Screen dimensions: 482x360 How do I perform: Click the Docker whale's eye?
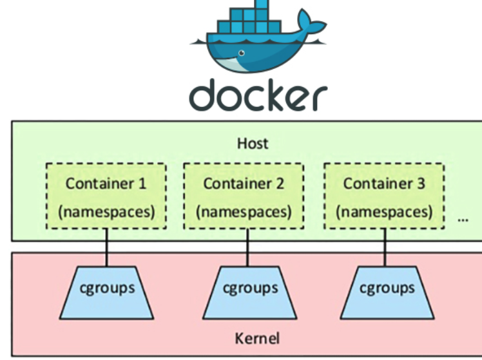pyautogui.click(x=242, y=53)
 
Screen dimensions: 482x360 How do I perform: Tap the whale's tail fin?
pyautogui.click(x=311, y=21)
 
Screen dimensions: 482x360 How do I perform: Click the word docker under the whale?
pyautogui.click(x=258, y=95)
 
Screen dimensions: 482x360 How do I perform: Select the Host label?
pyautogui.click(x=253, y=144)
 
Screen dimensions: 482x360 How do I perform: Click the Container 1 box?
pyautogui.click(x=106, y=196)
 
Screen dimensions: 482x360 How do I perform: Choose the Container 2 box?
pyautogui.click(x=244, y=196)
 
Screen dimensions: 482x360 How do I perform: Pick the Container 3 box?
pyautogui.click(x=384, y=196)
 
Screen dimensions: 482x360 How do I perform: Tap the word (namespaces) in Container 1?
pyautogui.click(x=106, y=212)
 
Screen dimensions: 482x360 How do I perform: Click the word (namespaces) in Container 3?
pyautogui.click(x=384, y=212)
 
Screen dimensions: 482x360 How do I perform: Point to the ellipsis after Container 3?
pyautogui.click(x=463, y=220)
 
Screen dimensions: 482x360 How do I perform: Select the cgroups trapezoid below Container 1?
pyautogui.click(x=107, y=293)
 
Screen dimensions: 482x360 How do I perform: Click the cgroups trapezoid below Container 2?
pyautogui.click(x=249, y=293)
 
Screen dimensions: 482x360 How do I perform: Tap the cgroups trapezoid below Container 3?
pyautogui.click(x=387, y=293)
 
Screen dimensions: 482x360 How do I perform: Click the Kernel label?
pyautogui.click(x=257, y=339)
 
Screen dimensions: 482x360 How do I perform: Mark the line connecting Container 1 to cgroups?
pyautogui.click(x=107, y=247)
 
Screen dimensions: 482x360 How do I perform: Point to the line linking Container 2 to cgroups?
pyautogui.click(x=247, y=247)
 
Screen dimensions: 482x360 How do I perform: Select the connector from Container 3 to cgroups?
pyautogui.click(x=385, y=247)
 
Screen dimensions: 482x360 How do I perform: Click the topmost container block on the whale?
pyautogui.click(x=262, y=4)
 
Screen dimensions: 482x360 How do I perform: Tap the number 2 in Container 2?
pyautogui.click(x=280, y=184)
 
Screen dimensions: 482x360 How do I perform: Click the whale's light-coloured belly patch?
pyautogui.click(x=228, y=64)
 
